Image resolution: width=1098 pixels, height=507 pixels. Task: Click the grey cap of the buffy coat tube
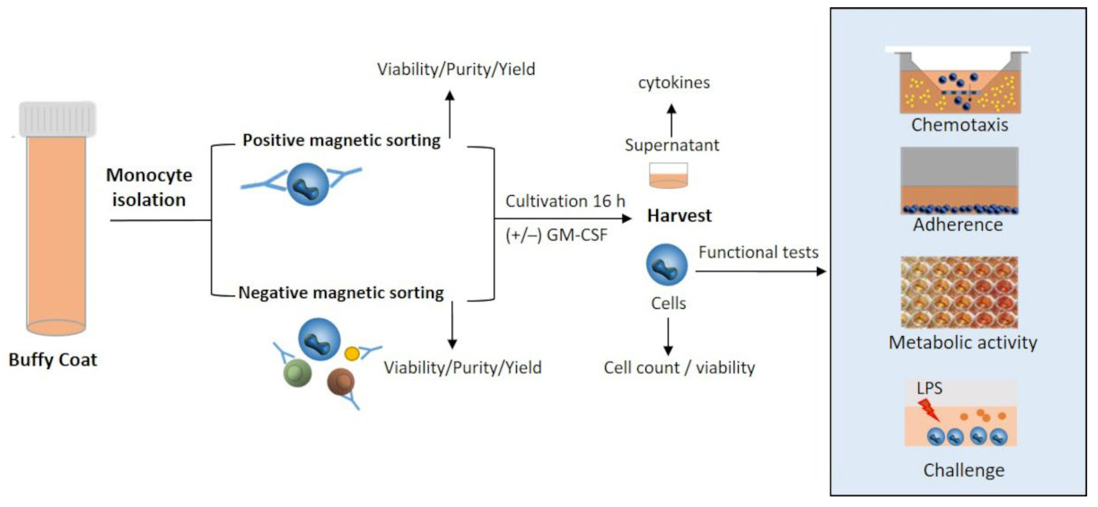57,119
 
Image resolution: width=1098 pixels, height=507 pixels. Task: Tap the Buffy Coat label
53,359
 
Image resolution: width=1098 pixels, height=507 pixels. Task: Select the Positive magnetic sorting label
341,140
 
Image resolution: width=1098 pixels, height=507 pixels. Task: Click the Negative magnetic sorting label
341,293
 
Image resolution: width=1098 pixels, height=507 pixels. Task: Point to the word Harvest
679,216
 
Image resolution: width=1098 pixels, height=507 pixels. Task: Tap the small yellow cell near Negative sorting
352,353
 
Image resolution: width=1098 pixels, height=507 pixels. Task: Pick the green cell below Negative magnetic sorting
298,373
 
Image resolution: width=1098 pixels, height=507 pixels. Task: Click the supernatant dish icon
668,175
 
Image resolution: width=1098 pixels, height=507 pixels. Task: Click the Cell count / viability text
679,368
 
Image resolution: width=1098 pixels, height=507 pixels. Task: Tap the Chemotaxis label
960,125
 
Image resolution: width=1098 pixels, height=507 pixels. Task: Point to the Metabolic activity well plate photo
959,292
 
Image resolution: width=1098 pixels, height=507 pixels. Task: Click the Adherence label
958,225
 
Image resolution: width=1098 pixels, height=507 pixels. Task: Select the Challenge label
964,470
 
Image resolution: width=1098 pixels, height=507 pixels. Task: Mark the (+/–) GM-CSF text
556,235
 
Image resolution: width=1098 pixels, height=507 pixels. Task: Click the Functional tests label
758,252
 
